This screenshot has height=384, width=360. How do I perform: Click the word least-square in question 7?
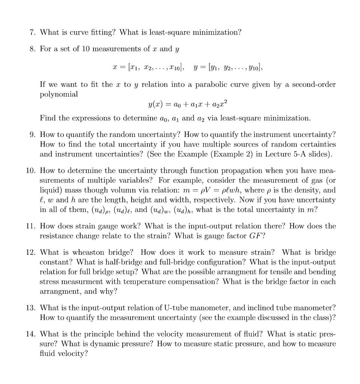(x=168, y=33)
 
